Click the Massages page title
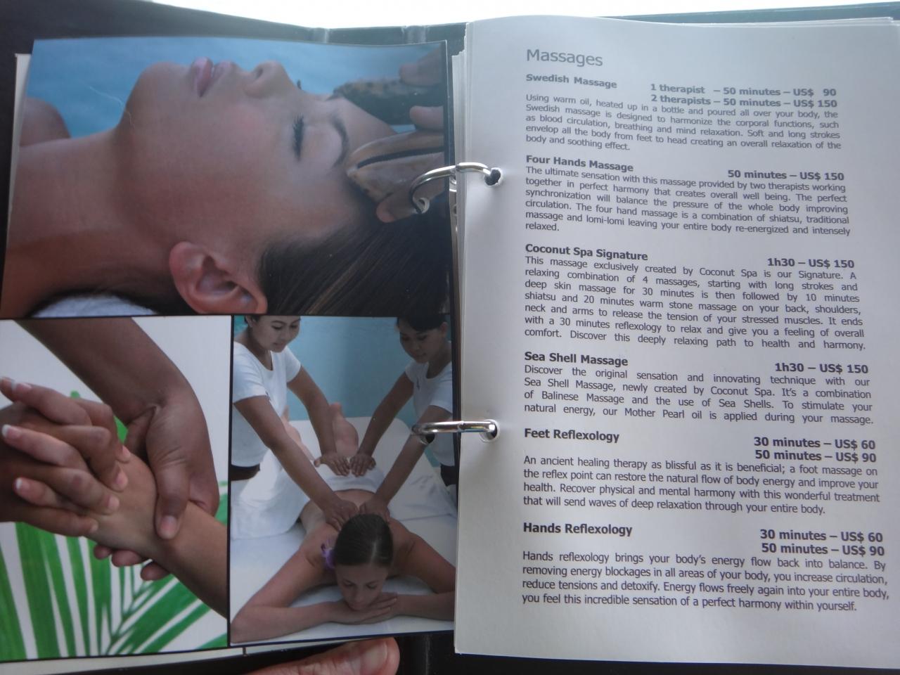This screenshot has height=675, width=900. click(x=564, y=58)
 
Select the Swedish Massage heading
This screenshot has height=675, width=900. click(x=571, y=81)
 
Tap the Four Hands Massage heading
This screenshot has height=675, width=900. click(x=579, y=163)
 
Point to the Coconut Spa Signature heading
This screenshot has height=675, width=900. click(x=586, y=252)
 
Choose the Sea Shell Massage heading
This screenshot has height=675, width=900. click(x=576, y=359)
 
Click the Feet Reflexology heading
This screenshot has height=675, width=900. click(x=572, y=435)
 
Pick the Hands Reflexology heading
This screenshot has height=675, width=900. click(x=577, y=529)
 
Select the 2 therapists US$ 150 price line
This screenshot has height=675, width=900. click(x=744, y=102)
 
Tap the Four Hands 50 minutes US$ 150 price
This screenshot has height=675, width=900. click(x=785, y=175)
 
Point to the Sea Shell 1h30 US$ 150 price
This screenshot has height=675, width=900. click(x=821, y=368)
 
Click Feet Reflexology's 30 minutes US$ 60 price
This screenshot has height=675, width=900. click(x=814, y=443)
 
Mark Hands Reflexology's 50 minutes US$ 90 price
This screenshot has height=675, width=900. click(x=823, y=548)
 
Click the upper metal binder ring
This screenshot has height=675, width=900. click(x=453, y=182)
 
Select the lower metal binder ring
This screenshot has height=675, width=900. click(x=455, y=428)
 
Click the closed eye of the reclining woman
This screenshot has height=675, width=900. click(x=299, y=135)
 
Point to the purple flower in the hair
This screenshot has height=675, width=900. click(x=328, y=555)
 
